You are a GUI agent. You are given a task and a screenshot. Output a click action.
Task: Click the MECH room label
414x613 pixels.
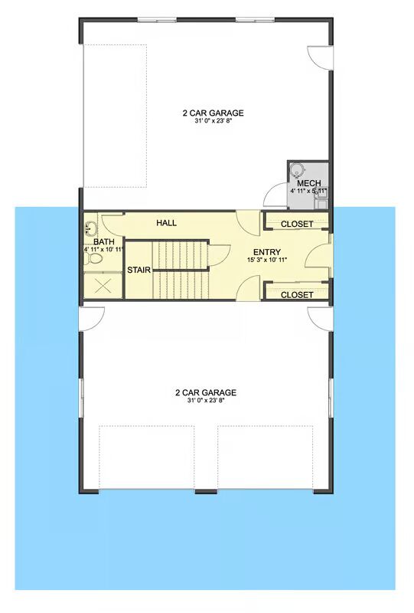click(309, 183)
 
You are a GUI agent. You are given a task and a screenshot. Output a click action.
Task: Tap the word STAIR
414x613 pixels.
click(139, 270)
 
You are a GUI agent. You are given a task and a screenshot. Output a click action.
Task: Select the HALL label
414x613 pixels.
click(166, 223)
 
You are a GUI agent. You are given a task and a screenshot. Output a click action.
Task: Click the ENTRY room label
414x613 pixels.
click(267, 252)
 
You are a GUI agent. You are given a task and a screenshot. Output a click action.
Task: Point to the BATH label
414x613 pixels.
click(104, 242)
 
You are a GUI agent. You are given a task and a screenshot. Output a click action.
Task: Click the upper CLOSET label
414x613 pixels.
click(297, 224)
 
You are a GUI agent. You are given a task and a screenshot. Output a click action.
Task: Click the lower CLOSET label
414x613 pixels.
click(297, 295)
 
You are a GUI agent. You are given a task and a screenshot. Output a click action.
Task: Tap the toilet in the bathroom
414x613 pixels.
click(93, 258)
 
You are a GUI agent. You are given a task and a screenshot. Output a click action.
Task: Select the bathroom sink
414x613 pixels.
click(90, 228)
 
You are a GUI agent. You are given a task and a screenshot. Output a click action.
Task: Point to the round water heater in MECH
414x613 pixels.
click(297, 170)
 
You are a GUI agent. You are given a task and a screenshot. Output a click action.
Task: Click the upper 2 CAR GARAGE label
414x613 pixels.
click(213, 113)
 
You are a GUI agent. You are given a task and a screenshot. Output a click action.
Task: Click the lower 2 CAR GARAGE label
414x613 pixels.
click(206, 392)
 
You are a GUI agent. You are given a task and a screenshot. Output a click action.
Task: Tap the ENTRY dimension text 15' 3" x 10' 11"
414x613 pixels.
click(267, 260)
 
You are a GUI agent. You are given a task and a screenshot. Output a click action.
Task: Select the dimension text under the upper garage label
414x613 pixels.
click(214, 121)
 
